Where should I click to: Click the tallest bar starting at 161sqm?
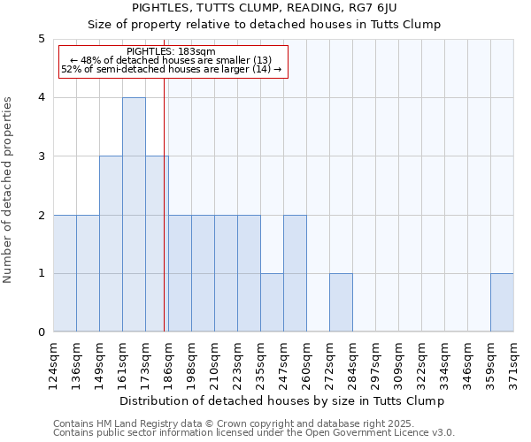point(134,215)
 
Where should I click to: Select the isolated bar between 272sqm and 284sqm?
point(341,302)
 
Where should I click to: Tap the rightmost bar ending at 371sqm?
point(502,302)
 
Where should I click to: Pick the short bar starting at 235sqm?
point(272,302)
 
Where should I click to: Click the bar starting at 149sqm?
point(111,244)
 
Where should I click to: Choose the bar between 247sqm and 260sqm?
point(295,273)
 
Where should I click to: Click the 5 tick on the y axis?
point(42,39)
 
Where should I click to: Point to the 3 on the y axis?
point(42,156)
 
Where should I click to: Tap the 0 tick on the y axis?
point(42,332)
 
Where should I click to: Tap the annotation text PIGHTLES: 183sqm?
point(171,52)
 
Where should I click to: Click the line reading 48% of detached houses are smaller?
point(171,60)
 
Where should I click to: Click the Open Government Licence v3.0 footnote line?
point(253,433)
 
